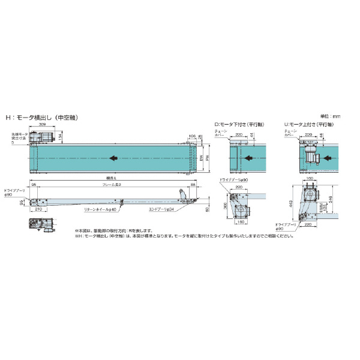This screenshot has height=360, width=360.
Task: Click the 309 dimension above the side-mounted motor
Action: coord(42,124)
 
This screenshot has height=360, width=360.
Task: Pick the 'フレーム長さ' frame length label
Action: coord(112,185)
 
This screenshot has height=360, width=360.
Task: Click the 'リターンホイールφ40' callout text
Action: coord(100,211)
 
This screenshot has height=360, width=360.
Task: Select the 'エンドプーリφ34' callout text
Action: coord(161,210)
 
